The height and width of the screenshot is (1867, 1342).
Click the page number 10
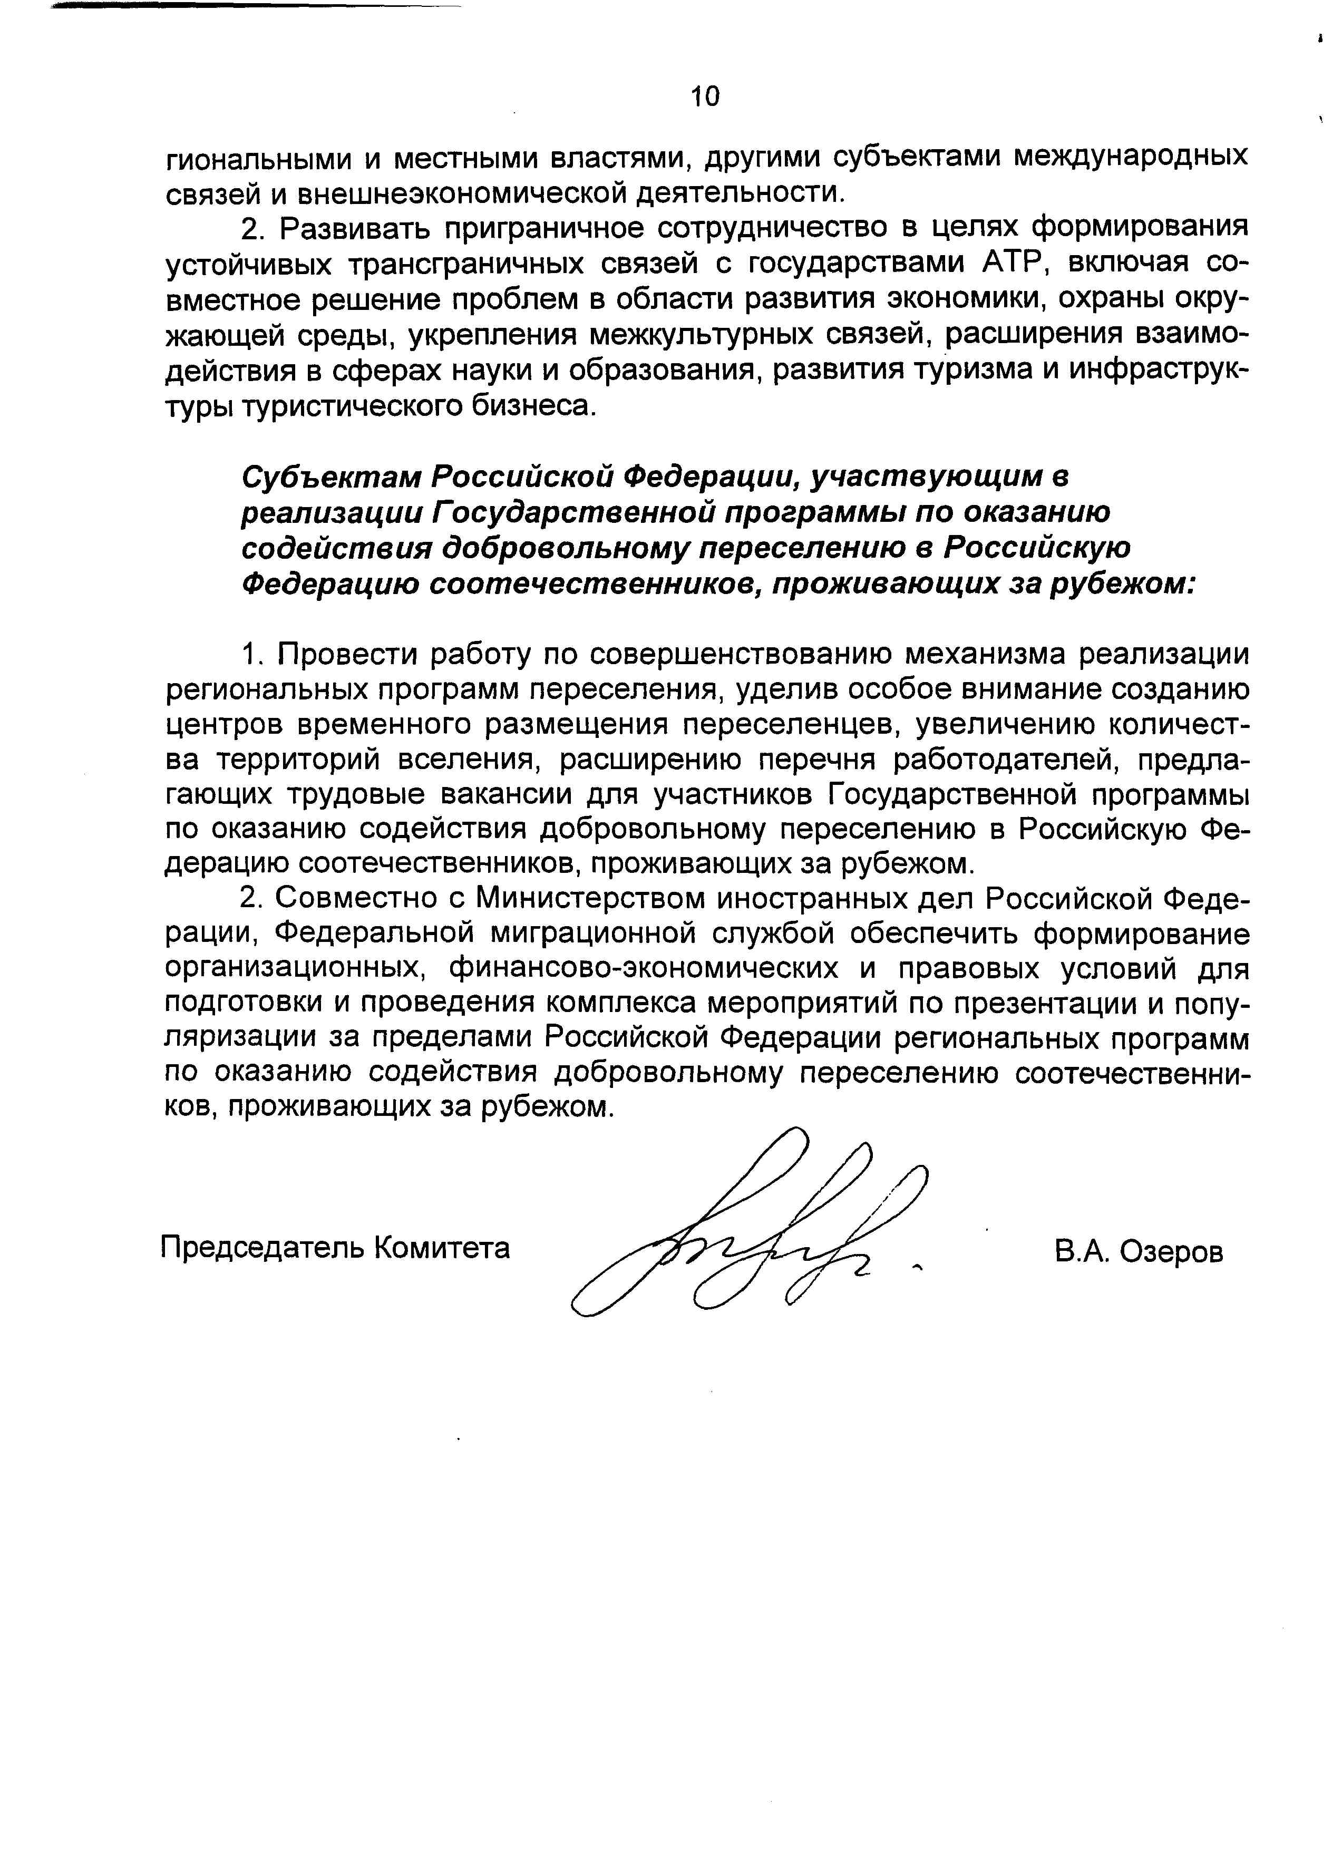[705, 96]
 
